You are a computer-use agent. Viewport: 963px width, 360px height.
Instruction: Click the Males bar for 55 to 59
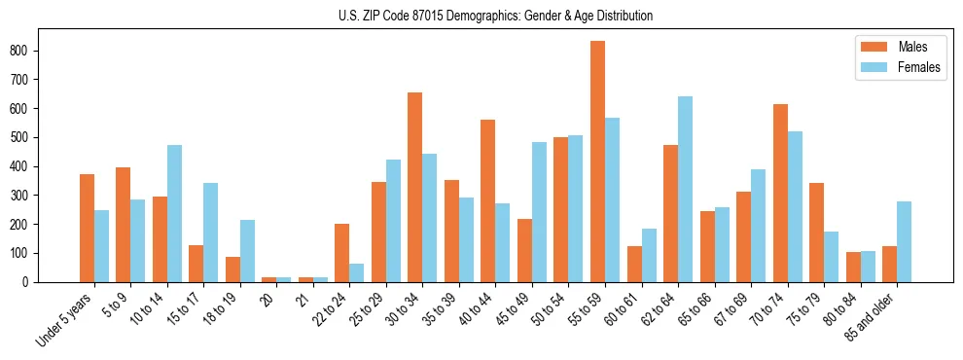597,162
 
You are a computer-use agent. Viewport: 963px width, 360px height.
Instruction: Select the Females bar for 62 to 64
685,189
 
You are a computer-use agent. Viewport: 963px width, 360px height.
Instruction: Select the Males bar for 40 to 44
488,200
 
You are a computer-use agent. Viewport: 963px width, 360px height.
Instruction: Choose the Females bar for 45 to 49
539,211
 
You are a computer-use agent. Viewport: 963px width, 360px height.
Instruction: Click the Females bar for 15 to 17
211,233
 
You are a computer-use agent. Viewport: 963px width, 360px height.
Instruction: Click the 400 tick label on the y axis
24,166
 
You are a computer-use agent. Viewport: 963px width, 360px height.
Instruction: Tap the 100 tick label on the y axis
24,253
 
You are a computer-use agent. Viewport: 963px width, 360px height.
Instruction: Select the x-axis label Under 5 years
64,320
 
